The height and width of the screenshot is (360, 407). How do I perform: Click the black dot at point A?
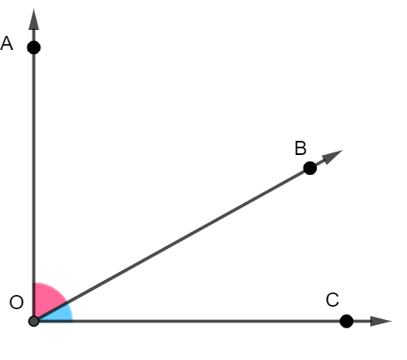(33, 47)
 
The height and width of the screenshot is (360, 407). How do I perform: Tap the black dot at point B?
(309, 167)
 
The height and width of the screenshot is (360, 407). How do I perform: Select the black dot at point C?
(347, 321)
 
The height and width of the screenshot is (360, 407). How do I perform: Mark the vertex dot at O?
(33, 321)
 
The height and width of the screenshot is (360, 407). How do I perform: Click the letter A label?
(8, 44)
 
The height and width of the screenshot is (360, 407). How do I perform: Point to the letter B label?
(300, 148)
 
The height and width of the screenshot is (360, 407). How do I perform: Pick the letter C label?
(332, 299)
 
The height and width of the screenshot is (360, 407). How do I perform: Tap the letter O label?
(16, 302)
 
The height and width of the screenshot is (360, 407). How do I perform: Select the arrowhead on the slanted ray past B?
(334, 157)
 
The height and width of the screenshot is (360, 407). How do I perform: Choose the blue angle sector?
(58, 315)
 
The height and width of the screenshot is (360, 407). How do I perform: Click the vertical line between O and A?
(33, 183)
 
